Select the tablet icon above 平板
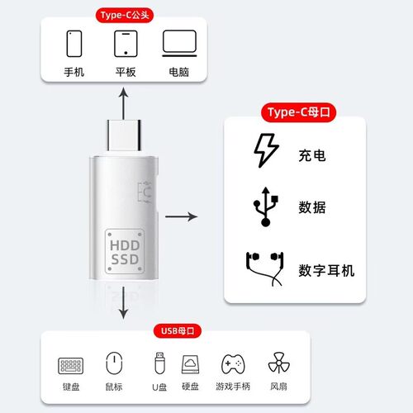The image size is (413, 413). point(126,44)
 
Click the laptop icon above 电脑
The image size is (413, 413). point(178,44)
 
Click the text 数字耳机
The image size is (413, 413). point(326,270)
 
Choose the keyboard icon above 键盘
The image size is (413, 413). point(70,364)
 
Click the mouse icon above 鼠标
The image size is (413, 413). point(114,363)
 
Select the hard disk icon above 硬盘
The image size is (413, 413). point(192,364)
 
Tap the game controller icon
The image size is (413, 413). point(232,364)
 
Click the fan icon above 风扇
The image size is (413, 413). point(278,363)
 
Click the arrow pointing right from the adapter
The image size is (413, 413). point(182,217)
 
